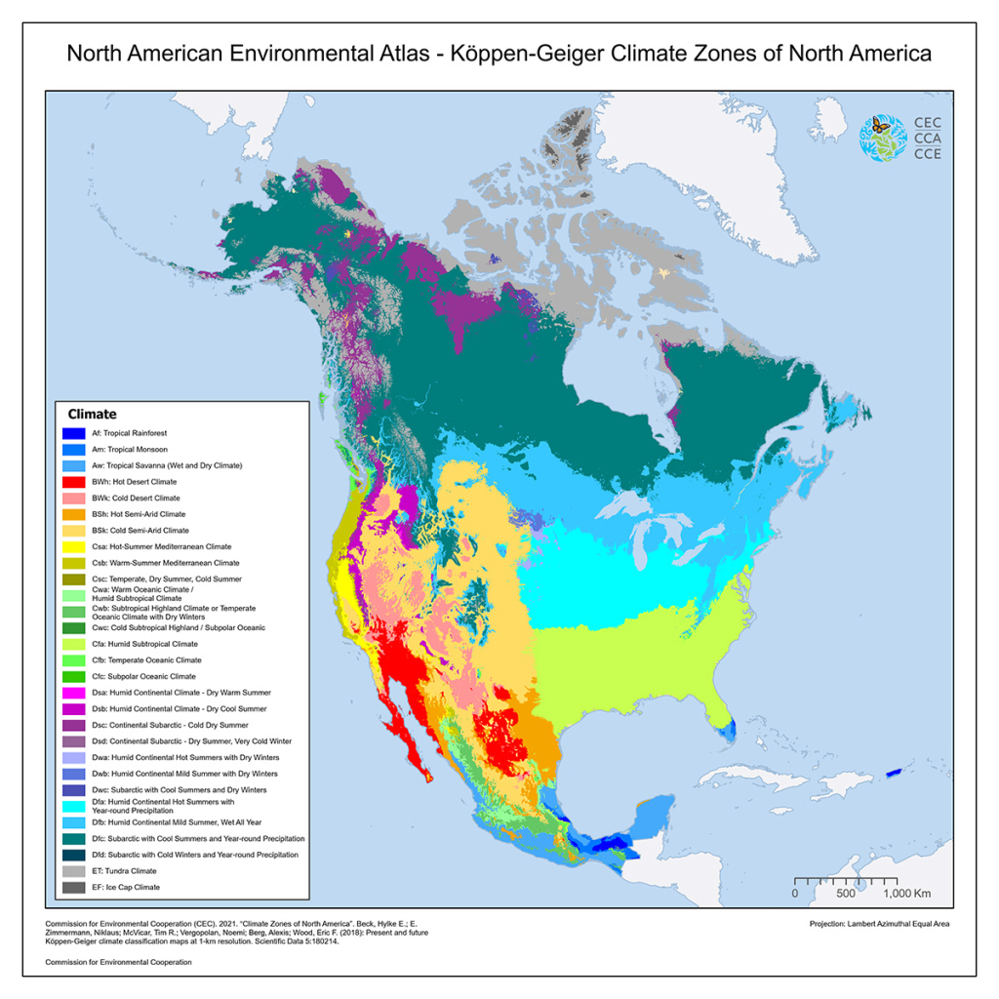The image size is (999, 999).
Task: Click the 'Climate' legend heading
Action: tap(92, 415)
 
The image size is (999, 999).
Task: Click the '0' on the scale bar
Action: tap(795, 893)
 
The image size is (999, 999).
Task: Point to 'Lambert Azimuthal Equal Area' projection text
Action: tap(879, 924)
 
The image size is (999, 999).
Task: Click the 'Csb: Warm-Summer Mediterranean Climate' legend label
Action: tap(161, 563)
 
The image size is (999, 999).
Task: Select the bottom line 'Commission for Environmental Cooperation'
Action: tap(119, 962)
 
